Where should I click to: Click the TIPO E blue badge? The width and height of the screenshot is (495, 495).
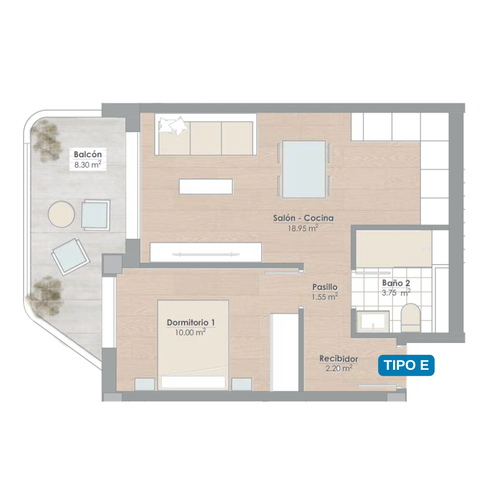click(406, 365)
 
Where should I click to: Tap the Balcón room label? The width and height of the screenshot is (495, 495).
click(88, 154)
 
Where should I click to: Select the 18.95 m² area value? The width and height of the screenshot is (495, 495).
click(303, 228)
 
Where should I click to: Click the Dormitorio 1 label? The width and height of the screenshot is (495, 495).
click(191, 322)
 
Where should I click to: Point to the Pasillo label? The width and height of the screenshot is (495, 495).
click(325, 287)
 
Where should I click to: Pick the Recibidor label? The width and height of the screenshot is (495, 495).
click(339, 358)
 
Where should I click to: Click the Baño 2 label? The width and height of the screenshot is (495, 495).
click(396, 283)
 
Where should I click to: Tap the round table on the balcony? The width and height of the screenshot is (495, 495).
click(61, 214)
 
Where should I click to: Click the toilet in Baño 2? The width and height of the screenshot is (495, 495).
click(410, 318)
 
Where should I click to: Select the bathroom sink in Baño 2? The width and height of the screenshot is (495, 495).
click(373, 321)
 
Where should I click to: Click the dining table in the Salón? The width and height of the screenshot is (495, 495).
click(304, 169)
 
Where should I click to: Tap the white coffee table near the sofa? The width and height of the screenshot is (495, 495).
click(205, 186)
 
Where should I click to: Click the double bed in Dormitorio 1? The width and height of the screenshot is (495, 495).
click(193, 345)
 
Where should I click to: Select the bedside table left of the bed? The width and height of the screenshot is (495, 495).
click(145, 384)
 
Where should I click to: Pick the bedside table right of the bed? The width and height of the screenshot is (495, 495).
click(242, 384)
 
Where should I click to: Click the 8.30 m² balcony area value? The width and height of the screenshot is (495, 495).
click(88, 164)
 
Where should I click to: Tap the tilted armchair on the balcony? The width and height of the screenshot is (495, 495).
click(71, 256)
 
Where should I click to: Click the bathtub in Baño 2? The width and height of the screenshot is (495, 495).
click(394, 249)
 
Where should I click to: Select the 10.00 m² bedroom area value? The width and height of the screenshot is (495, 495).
click(191, 332)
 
